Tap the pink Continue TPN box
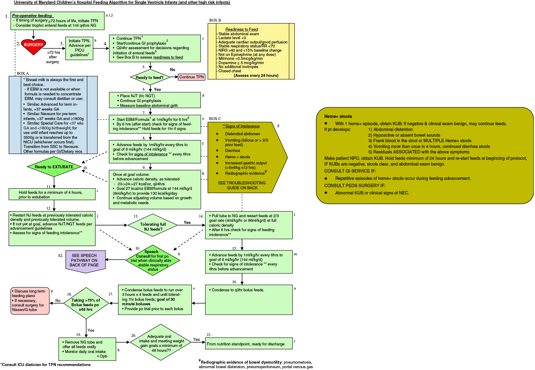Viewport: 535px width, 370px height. (x=191, y=77)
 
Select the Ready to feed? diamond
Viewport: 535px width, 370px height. (x=150, y=77)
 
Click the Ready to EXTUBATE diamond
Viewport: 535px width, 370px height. (x=54, y=167)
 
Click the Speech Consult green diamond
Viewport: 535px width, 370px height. (x=153, y=260)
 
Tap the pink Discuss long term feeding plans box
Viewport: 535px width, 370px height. (x=30, y=300)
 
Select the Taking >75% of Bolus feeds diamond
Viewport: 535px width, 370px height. (x=86, y=303)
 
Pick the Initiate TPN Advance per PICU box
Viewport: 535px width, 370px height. (x=79, y=48)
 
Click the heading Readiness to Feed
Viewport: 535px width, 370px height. (x=242, y=29)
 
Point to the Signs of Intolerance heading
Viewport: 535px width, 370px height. (x=241, y=126)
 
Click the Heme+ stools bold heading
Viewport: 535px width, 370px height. (x=338, y=116)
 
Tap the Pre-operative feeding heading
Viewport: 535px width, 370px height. (x=32, y=16)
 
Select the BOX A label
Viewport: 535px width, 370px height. (x=23, y=74)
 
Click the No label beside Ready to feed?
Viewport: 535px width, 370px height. (x=172, y=70)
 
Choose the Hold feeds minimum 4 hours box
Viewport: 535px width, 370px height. (x=52, y=194)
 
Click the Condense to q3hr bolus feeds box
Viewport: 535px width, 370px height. (x=249, y=299)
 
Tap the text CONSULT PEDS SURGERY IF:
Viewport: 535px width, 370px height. (x=355, y=186)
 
